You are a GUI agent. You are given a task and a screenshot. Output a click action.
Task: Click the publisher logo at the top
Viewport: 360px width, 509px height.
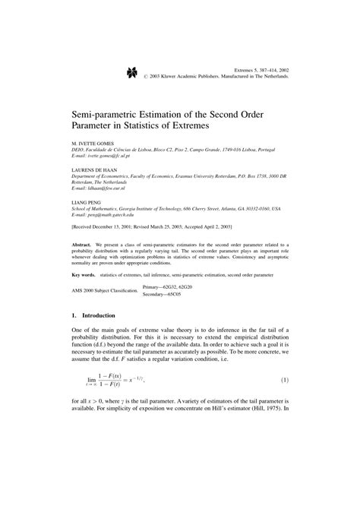coord(131,73)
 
